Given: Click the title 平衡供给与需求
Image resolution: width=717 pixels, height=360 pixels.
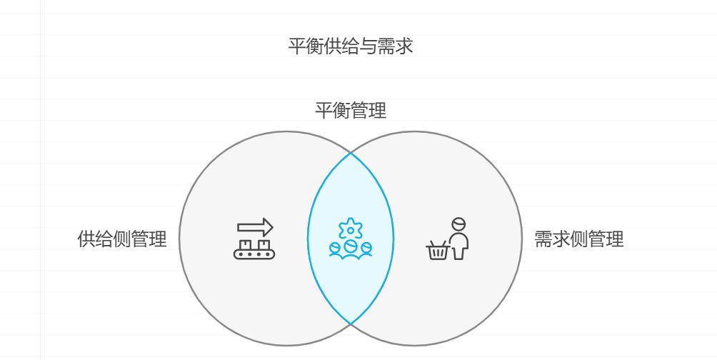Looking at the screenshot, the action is point(351,47).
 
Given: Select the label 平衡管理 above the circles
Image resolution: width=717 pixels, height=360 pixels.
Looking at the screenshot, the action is point(351,111).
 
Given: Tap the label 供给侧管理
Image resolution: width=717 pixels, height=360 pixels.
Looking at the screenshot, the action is point(122,239).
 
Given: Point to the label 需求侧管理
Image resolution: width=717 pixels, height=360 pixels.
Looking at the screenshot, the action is point(578,239).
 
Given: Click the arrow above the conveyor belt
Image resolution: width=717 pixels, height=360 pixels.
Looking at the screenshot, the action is point(255,227).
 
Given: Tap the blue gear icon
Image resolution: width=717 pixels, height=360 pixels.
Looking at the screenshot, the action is point(351,229).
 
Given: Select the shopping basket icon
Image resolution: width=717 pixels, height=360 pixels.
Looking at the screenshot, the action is point(438,251).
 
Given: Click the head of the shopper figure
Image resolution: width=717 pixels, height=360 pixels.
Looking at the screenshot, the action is point(458,224).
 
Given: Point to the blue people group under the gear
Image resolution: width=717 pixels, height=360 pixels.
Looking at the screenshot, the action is point(351,249).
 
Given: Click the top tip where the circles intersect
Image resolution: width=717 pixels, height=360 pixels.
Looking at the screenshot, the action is point(351,153).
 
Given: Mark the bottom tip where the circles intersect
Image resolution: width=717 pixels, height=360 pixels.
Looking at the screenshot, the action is point(351,324).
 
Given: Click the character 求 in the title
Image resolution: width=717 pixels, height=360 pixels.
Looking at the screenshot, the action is point(404,47).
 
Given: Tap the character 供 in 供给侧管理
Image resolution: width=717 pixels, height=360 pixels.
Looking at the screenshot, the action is point(86,239).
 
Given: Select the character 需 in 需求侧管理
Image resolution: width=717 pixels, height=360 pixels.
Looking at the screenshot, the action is point(543,239).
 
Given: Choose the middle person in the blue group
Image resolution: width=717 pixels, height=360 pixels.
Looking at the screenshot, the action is point(351,247).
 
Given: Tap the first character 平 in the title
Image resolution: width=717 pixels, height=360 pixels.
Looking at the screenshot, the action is point(297,47).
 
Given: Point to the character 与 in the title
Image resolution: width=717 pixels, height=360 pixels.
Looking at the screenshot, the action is point(368,47).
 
